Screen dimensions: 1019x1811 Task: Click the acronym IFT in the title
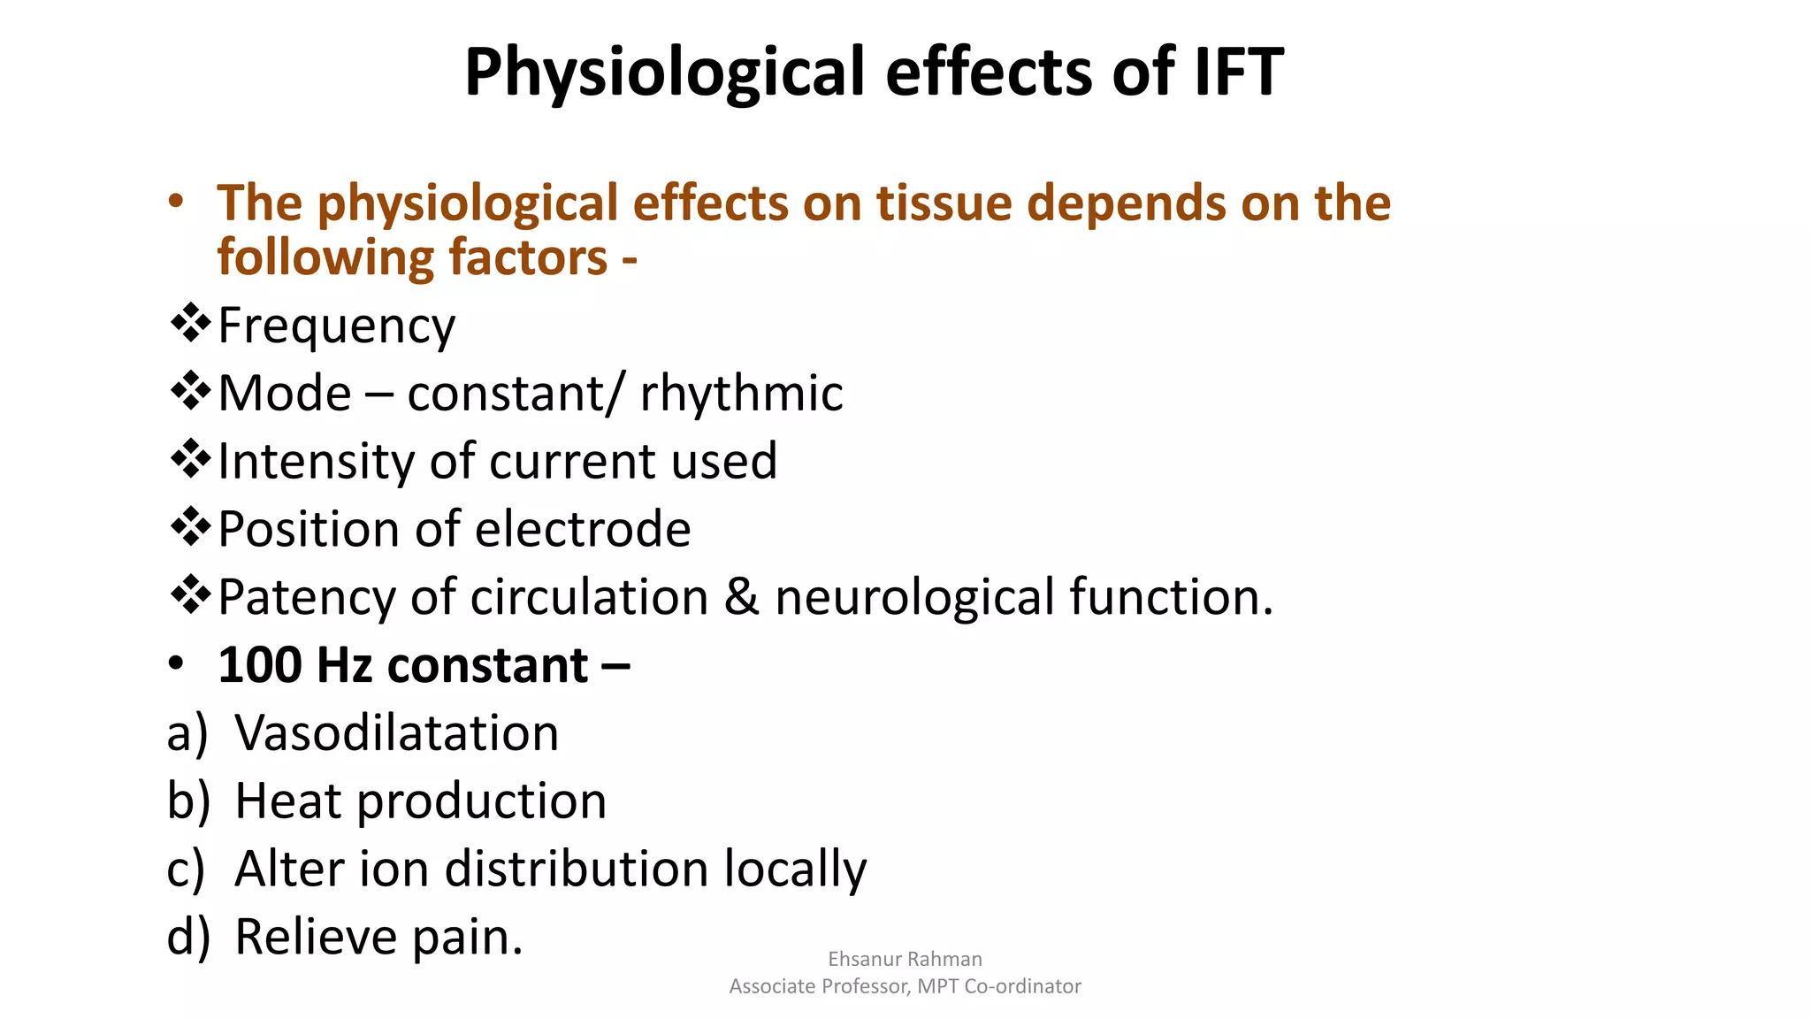[1239, 71]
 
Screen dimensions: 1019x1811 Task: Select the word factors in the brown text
[528, 257]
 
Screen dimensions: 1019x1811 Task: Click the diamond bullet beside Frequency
[189, 323]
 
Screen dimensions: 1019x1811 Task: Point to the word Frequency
[336, 326]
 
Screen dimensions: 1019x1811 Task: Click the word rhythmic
[741, 393]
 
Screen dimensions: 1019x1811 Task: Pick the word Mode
[285, 393]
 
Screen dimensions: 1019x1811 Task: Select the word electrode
[583, 529]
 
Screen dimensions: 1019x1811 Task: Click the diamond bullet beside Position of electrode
[189, 527]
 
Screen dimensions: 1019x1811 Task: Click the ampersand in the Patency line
[741, 597]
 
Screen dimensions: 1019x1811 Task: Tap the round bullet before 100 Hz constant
[176, 663]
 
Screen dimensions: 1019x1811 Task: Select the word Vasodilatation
[396, 733]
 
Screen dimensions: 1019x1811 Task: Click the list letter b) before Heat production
[188, 801]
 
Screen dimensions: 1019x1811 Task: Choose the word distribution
[577, 869]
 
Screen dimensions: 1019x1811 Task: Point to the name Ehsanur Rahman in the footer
[905, 959]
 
